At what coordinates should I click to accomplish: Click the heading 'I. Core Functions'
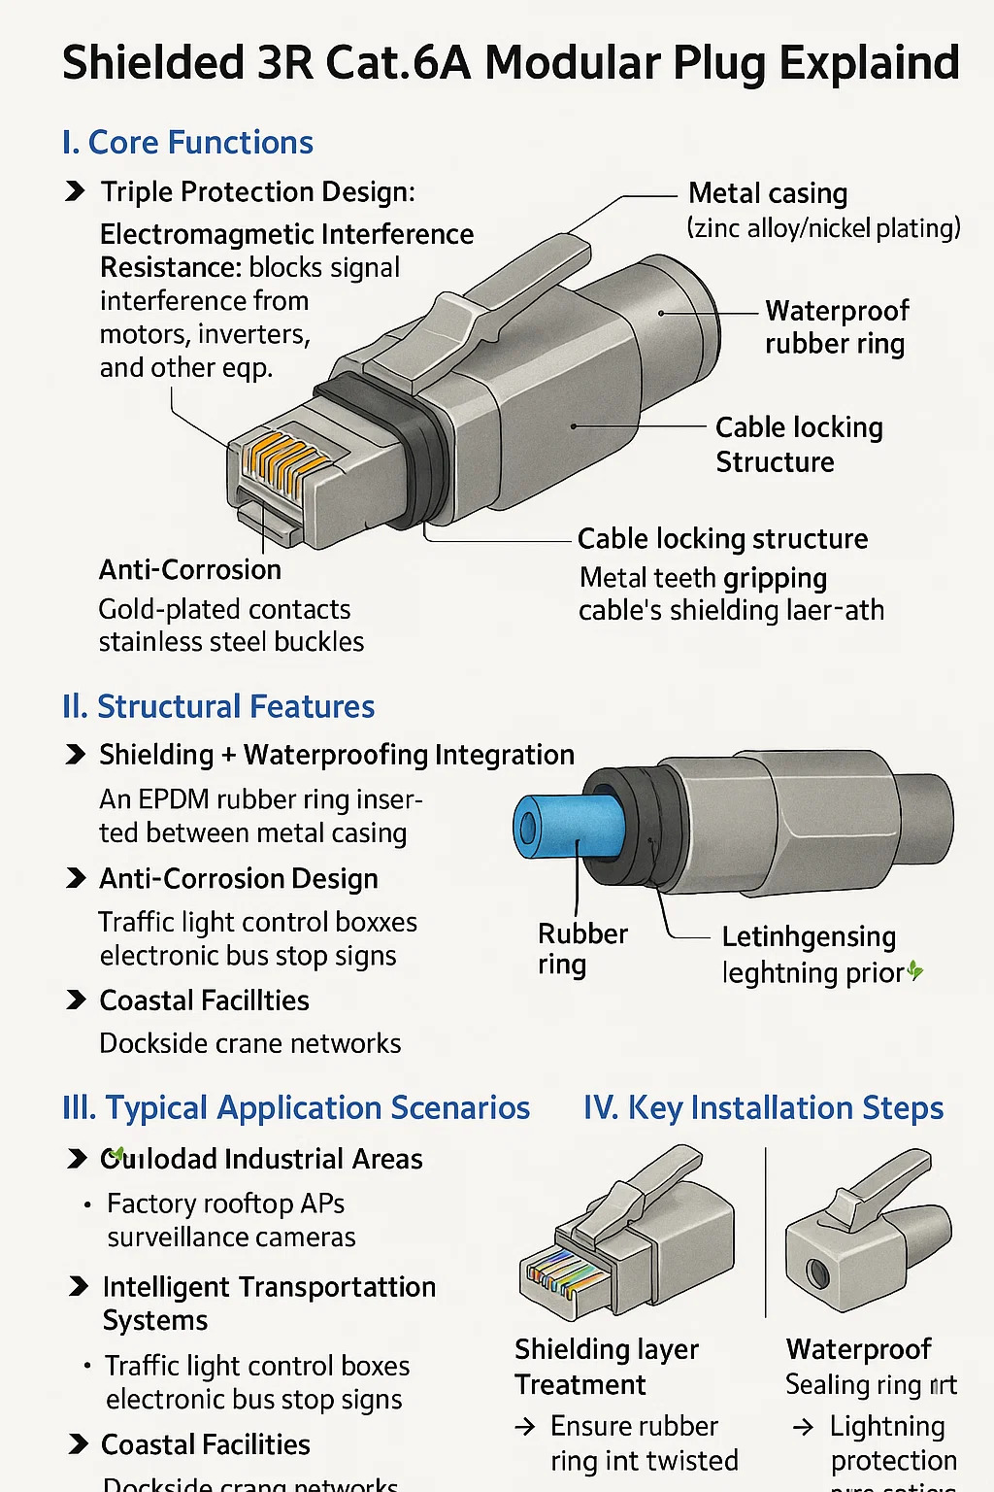coord(187,143)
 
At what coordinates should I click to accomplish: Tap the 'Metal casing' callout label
coord(767,193)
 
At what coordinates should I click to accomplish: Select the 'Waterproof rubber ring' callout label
coord(836,327)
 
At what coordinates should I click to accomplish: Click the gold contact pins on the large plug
coord(282,456)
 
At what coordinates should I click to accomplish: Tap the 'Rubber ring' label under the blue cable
coord(581,949)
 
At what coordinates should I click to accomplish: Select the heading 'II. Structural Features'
coord(218,706)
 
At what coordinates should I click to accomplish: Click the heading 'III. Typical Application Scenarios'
coord(296,1107)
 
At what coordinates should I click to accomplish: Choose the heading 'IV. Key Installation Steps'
coord(763,1107)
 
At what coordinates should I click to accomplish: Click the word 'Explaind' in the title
coord(870,63)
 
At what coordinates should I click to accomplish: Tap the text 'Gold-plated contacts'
coord(224,609)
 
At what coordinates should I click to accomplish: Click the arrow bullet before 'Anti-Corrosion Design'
coord(75,878)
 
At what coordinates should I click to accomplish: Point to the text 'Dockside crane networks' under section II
coord(250,1043)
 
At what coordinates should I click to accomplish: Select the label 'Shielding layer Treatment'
coord(606,1366)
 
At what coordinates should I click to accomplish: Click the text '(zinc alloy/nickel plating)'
coord(823,228)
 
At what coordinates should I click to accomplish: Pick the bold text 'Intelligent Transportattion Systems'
coord(269,1303)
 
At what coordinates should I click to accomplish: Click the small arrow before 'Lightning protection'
coord(803,1427)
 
